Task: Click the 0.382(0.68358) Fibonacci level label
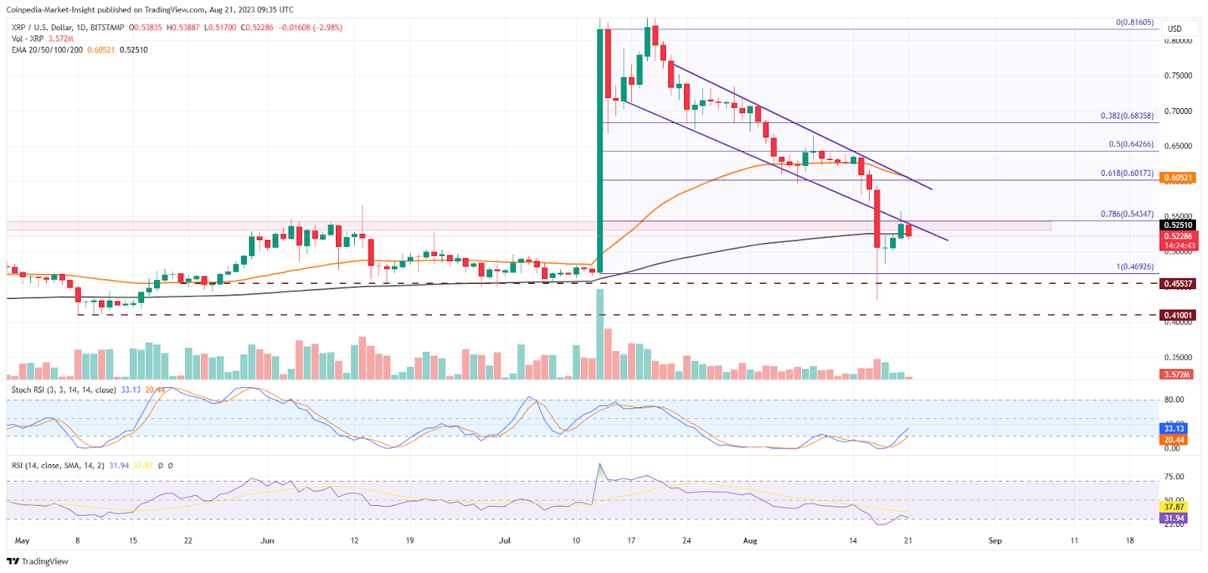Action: pos(1126,116)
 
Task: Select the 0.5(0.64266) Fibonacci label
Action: pos(1130,144)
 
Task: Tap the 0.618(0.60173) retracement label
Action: pos(1126,173)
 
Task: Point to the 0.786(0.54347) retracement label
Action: pos(1126,214)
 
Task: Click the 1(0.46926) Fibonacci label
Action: pos(1135,266)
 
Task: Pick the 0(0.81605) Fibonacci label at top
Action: pos(1135,23)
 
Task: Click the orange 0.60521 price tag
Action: pos(1178,178)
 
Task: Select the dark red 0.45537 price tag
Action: pos(1178,284)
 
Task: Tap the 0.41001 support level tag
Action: pos(1178,316)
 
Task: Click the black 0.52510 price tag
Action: pos(1178,225)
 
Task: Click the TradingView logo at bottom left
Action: pos(38,561)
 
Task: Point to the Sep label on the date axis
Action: pos(995,541)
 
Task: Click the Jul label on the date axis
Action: pos(504,541)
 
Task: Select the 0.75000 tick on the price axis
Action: pos(1178,75)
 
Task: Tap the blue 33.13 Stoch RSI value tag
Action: pos(1174,428)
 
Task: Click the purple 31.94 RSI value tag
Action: pos(1174,518)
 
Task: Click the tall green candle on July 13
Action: pos(600,151)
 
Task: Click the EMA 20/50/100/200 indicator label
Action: pos(47,50)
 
